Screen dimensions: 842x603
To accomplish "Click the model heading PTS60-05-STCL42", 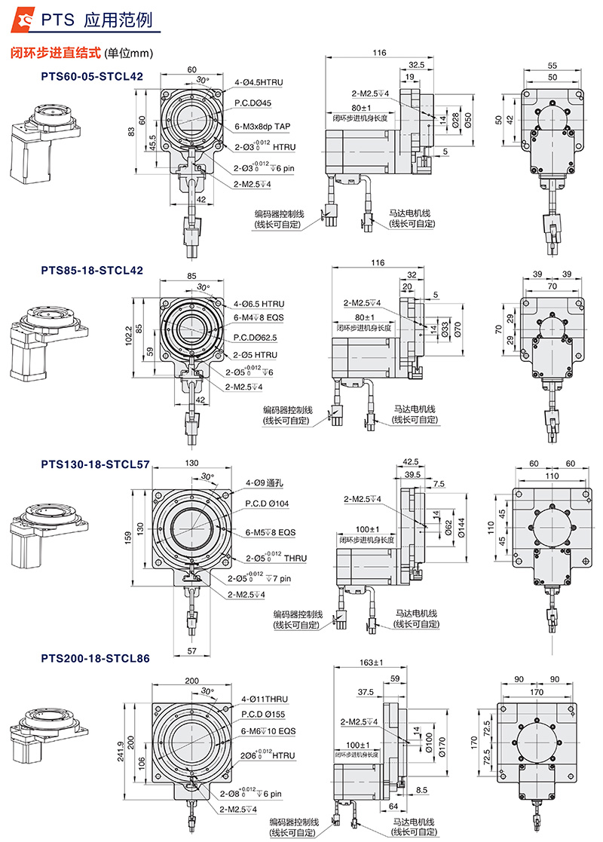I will (x=92, y=75).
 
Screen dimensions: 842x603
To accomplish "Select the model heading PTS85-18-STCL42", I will (x=92, y=269).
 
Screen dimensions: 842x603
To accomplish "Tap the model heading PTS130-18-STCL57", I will (x=95, y=464).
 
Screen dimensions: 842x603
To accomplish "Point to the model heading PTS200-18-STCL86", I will (x=95, y=658).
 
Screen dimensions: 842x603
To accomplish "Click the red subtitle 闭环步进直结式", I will (x=55, y=54).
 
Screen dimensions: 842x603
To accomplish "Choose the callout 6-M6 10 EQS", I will (x=268, y=731).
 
